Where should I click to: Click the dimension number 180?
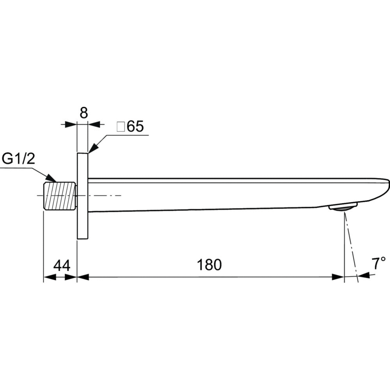pos(209,265)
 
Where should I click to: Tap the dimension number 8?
pos(83,113)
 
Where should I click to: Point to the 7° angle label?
pos(378,264)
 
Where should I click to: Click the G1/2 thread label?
pos(19,159)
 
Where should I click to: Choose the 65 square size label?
pos(135,127)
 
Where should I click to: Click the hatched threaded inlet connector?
pos(59,196)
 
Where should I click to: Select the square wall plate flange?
pos(83,196)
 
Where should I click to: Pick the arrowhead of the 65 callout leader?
pos(94,149)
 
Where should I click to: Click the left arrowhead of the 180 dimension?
pos(83,277)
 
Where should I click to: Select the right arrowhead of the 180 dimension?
pos(338,277)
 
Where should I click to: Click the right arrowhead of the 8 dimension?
pos(94,124)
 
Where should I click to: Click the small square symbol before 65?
pos(121,127)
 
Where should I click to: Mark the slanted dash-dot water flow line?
pos(351,246)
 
